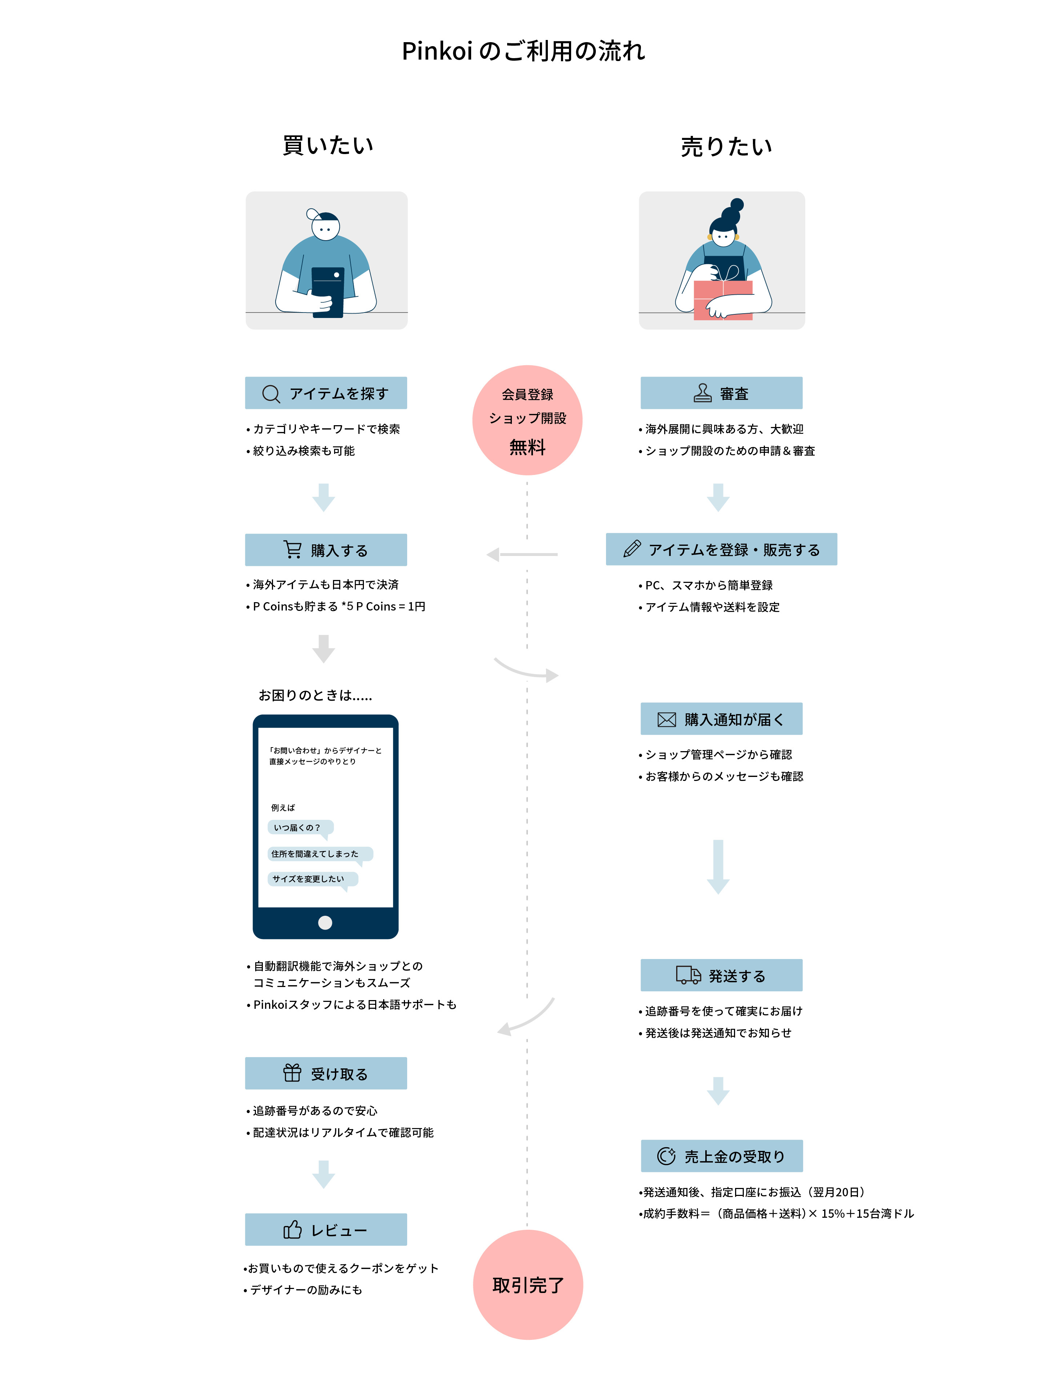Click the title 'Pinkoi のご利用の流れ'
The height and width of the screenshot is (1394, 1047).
pyautogui.click(x=523, y=51)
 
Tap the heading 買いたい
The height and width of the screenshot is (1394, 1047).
pyautogui.click(x=328, y=145)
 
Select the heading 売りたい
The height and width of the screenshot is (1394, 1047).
pyautogui.click(x=726, y=146)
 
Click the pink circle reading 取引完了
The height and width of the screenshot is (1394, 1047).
pyautogui.click(x=527, y=1284)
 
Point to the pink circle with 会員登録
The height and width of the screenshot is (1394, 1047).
pyautogui.click(x=527, y=420)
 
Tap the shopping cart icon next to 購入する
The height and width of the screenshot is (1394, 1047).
pyautogui.click(x=293, y=549)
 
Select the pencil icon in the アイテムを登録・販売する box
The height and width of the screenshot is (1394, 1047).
pyautogui.click(x=631, y=549)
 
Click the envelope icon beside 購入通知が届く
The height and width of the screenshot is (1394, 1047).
pyautogui.click(x=666, y=719)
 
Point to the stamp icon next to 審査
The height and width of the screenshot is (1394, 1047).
pyautogui.click(x=702, y=392)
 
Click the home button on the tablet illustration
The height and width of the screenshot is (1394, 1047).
pyautogui.click(x=325, y=923)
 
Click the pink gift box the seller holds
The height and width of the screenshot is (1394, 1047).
pyautogui.click(x=723, y=300)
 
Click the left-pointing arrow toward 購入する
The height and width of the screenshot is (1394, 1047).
pyautogui.click(x=522, y=555)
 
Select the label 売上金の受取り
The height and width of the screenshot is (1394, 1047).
pyautogui.click(x=734, y=1156)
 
